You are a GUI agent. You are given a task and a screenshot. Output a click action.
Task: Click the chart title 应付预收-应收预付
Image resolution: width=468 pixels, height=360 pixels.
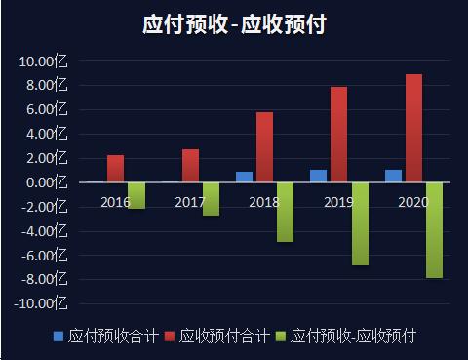coord(234,24)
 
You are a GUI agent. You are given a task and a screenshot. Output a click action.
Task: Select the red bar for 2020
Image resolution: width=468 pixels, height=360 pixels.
coord(413,129)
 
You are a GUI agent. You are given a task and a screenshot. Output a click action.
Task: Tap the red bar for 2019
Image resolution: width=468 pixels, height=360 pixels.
coord(338,135)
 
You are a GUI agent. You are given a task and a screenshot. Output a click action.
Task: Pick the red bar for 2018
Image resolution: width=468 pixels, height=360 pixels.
coord(264,147)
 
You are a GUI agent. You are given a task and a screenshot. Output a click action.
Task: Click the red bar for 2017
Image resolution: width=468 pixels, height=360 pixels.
coord(190,166)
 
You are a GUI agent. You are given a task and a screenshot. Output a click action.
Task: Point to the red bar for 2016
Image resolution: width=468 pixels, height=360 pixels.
coord(115,169)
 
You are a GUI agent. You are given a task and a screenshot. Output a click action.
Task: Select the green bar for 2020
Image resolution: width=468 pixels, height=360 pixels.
coord(434,230)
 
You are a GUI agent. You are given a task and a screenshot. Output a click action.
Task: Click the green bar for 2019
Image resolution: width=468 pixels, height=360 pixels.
coord(360,223)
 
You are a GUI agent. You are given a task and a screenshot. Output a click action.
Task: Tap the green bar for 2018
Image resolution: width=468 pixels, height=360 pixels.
coord(285,212)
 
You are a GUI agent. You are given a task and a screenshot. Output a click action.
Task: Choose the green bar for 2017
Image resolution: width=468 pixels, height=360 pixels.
coord(211,199)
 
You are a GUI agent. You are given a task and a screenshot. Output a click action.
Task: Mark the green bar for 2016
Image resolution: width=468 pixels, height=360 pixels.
coord(136,195)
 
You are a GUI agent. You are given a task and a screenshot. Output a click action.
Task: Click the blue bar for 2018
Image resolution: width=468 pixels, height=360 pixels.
coord(244,177)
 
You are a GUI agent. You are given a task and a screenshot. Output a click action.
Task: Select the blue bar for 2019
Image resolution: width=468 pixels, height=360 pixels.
coord(318,176)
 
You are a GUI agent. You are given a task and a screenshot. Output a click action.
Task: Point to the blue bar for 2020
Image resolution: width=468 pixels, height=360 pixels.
coord(393,176)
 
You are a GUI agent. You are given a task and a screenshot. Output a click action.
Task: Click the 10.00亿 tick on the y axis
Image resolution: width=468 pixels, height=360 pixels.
coord(43,61)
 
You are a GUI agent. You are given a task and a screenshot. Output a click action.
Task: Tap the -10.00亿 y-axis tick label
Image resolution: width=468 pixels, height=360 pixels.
coord(41,303)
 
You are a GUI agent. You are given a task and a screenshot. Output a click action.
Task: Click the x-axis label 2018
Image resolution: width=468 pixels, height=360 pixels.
coord(264,202)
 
